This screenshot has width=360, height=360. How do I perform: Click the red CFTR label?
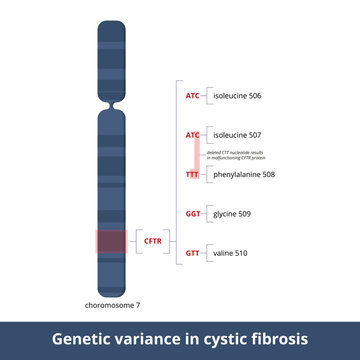[153, 241]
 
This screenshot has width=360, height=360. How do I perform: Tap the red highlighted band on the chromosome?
[110, 241]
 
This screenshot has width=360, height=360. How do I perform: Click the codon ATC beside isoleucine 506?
[192, 96]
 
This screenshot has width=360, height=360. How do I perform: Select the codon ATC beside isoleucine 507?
[192, 134]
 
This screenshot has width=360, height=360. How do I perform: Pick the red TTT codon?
[192, 174]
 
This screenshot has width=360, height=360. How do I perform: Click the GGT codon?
[192, 213]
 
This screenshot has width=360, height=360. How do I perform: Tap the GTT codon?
[192, 253]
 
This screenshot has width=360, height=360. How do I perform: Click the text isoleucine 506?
[237, 96]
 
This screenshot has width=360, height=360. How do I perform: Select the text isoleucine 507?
[237, 134]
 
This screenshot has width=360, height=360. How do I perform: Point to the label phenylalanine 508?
[244, 174]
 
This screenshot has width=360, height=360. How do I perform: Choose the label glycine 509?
[233, 213]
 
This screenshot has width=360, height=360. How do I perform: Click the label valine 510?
[230, 253]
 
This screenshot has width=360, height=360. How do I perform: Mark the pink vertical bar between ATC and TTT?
[197, 154]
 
